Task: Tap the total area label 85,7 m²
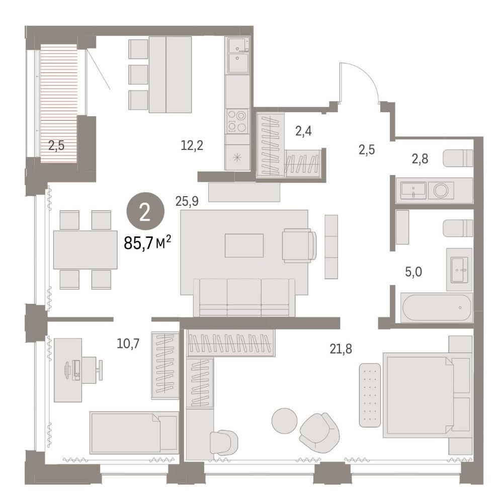click(147, 242)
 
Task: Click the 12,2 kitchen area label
click(192, 146)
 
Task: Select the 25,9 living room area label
click(187, 201)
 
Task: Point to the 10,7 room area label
click(128, 344)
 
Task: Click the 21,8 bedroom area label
click(341, 349)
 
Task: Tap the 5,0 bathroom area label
click(413, 272)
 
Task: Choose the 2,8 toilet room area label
click(420, 159)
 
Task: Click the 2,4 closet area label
click(303, 131)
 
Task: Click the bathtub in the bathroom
click(436, 308)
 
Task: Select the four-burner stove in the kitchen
click(237, 121)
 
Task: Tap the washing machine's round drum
click(440, 190)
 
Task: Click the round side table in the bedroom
click(285, 421)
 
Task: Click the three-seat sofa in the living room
click(244, 297)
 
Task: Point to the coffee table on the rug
click(244, 245)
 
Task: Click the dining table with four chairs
click(86, 250)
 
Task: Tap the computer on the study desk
click(73, 371)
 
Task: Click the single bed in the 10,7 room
click(134, 433)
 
